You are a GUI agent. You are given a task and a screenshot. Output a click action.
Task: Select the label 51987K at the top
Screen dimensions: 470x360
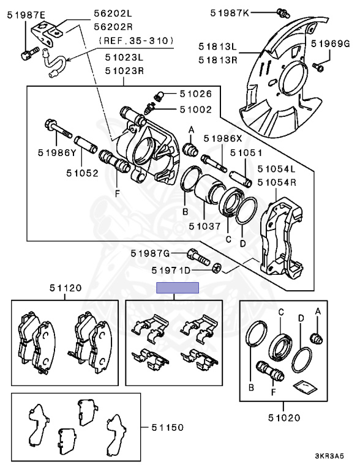230,12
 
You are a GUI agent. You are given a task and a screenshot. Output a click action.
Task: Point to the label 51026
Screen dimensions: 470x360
196,94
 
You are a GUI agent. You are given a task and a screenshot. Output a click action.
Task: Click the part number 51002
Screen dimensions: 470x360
196,110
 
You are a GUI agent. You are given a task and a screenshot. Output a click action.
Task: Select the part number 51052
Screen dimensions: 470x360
83,173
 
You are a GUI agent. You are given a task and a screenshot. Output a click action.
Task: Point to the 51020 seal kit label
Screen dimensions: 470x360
283,419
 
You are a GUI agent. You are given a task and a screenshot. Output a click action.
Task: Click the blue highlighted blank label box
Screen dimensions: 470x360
178,288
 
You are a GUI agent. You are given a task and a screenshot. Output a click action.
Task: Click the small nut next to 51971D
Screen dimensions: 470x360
216,267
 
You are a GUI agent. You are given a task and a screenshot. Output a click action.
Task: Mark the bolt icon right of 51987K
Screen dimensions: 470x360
282,12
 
